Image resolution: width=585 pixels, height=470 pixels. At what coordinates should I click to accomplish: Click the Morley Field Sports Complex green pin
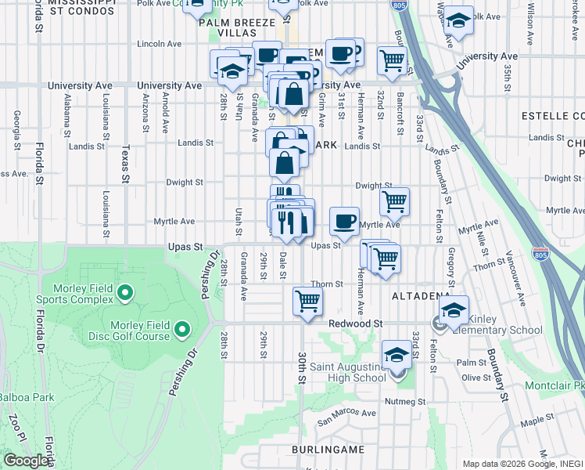[x=125, y=295]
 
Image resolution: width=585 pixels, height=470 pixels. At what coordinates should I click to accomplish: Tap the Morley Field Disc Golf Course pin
[x=181, y=330]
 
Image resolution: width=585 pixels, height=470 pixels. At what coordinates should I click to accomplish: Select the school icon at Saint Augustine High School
[x=397, y=355]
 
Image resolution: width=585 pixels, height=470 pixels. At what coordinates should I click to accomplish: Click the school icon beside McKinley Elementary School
[x=454, y=310]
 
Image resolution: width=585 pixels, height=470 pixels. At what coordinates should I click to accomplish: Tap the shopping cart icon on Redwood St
[x=308, y=301]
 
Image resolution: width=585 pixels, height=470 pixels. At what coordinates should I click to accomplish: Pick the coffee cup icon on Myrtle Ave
[x=343, y=222]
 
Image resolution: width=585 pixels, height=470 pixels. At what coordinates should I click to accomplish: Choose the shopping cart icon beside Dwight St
[x=395, y=201]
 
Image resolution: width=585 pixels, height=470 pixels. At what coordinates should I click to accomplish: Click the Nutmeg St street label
[x=405, y=401]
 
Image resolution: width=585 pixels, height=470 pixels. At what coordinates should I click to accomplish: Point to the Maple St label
[x=538, y=421]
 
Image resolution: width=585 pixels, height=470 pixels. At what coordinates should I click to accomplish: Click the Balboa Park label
[x=27, y=397]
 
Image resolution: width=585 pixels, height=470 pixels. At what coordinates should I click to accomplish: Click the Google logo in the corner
[x=26, y=460]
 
